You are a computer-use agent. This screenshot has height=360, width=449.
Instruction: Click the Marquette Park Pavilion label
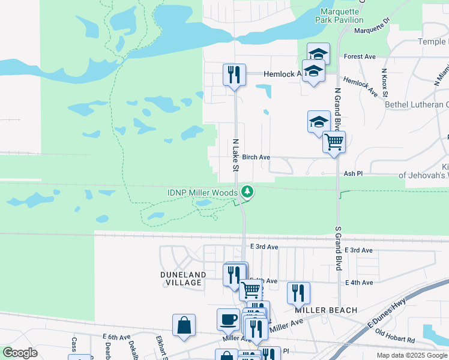(x=340, y=15)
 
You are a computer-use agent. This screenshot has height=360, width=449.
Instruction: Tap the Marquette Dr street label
(x=372, y=30)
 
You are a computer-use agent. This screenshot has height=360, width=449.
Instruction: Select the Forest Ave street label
(x=360, y=56)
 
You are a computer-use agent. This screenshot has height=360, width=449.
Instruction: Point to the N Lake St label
(x=236, y=155)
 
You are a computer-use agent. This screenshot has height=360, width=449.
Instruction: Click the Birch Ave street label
(x=256, y=157)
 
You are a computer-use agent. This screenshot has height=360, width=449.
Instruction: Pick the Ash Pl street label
(x=354, y=173)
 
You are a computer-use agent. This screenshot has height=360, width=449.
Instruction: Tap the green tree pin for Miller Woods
(x=246, y=191)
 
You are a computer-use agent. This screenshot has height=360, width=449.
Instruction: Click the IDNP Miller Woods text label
(x=202, y=192)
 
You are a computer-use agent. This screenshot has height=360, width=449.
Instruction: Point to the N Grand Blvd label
(x=337, y=109)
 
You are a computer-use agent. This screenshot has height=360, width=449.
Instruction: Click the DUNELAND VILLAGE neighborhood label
(x=184, y=278)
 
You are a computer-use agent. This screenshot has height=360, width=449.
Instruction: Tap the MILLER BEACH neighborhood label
(x=326, y=310)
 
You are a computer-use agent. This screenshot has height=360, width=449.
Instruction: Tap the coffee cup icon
(x=228, y=319)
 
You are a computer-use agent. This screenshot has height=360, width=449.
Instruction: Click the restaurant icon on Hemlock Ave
(x=234, y=74)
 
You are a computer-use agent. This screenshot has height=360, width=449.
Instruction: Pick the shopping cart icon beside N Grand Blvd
(x=334, y=142)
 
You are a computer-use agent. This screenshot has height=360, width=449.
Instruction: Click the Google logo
(x=20, y=353)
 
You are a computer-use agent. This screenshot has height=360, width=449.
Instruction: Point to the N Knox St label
(x=385, y=82)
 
